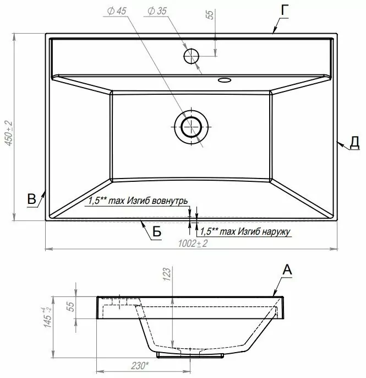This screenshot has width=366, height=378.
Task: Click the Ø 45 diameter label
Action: (x=117, y=11)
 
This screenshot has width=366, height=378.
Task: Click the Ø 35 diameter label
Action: (x=157, y=11)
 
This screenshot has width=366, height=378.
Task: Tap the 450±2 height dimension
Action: (x=9, y=133)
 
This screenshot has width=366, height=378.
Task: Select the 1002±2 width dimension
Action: (x=193, y=244)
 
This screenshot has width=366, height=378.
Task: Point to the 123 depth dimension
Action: (x=167, y=274)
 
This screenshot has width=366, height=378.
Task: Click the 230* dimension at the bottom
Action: (x=140, y=366)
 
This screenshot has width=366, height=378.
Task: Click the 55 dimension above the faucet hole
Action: (x=210, y=14)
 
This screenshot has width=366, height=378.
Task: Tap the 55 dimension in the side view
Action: (x=72, y=306)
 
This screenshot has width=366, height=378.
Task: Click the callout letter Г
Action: (x=285, y=11)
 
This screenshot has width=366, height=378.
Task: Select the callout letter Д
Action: (x=354, y=142)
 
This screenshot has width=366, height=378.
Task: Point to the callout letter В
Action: (x=31, y=199)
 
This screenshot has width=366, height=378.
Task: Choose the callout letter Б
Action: (x=157, y=232)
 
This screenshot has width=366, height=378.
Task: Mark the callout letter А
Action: (x=287, y=270)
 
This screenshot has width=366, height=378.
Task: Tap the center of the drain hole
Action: (x=191, y=127)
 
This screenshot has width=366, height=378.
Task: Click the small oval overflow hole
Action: (x=225, y=80)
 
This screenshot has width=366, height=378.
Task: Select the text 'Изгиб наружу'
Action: (x=264, y=231)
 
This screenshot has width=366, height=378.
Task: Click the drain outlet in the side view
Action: (x=190, y=355)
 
